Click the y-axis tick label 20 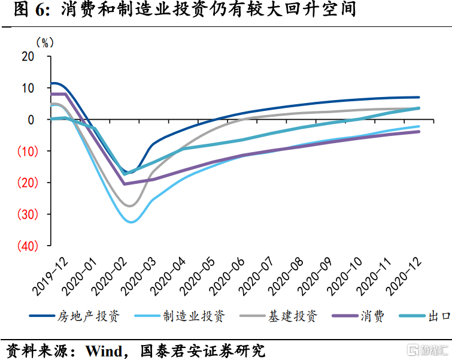[x=28, y=56]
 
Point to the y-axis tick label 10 [x=28, y=88]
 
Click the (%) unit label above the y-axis [x=45, y=43]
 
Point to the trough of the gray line [x=130, y=206]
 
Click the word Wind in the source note [x=104, y=349]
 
